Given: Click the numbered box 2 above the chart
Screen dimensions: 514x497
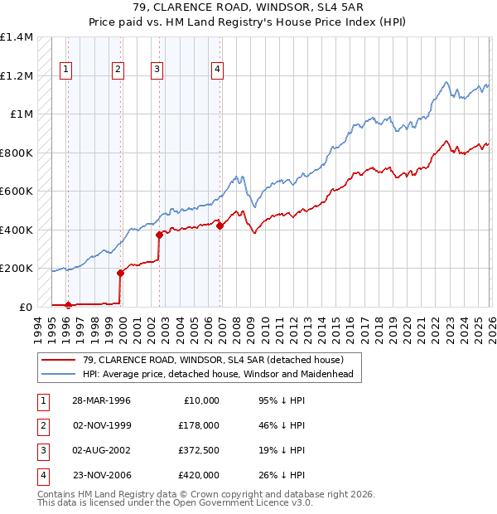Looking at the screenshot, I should pos(118,70).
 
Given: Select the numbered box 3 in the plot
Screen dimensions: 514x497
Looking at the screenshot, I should pos(157,70).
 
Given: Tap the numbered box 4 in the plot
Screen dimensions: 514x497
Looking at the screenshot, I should pos(218,70).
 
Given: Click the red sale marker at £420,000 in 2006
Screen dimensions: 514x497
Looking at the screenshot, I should pos(220,225).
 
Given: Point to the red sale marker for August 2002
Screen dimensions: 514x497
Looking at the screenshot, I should pos(158,235).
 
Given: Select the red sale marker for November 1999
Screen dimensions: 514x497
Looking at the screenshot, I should pos(120,272).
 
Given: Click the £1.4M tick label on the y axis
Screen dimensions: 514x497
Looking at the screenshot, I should pos(17,37).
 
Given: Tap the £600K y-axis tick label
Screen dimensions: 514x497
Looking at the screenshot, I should pos(17,191).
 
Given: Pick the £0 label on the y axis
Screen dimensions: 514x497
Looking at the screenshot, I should pos(25,307).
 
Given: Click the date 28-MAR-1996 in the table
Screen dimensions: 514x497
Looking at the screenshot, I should pos(101,400).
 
